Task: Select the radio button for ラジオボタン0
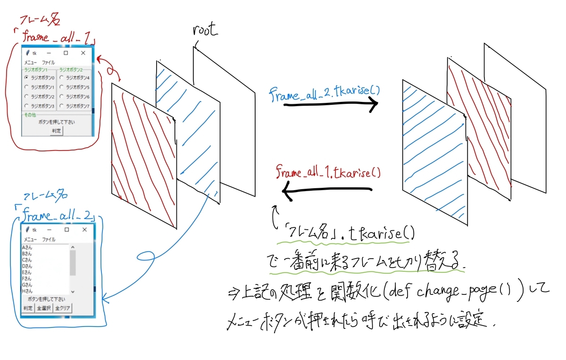[27, 77]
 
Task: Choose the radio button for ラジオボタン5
[62, 87]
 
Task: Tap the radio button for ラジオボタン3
[27, 106]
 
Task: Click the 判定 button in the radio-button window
[56, 130]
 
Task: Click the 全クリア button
[62, 308]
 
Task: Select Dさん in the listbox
[27, 266]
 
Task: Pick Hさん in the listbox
[27, 291]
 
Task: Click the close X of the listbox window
[84, 230]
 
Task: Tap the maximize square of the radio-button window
[66, 53]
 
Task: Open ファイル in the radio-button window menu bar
[48, 62]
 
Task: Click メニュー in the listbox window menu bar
[30, 240]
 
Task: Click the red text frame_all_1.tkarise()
[328, 172]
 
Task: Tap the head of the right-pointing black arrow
[375, 105]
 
